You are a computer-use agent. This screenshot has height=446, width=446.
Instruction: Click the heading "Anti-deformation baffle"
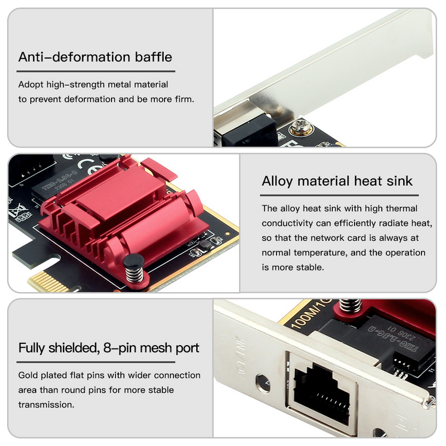point(95,57)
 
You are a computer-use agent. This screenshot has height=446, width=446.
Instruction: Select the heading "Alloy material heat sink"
point(337,181)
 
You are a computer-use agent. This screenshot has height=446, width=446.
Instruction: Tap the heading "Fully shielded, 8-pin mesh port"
point(109,348)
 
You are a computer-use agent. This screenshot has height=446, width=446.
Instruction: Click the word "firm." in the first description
point(183,99)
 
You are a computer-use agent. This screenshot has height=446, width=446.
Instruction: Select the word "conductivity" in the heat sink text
point(289,223)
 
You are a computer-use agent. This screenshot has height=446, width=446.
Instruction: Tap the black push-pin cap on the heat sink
point(132,261)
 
